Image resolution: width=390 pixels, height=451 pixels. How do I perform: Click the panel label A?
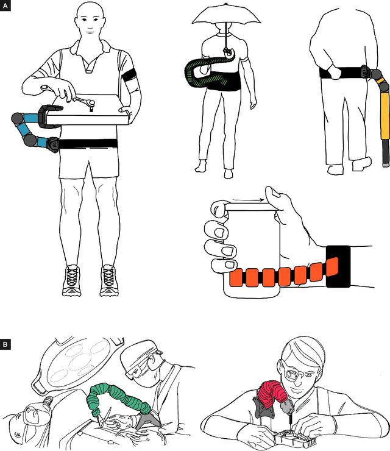[x=5, y=5]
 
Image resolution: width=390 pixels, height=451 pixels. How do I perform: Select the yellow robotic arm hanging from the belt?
[x=385, y=122]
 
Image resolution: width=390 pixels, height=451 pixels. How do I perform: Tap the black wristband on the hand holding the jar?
[x=338, y=266]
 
